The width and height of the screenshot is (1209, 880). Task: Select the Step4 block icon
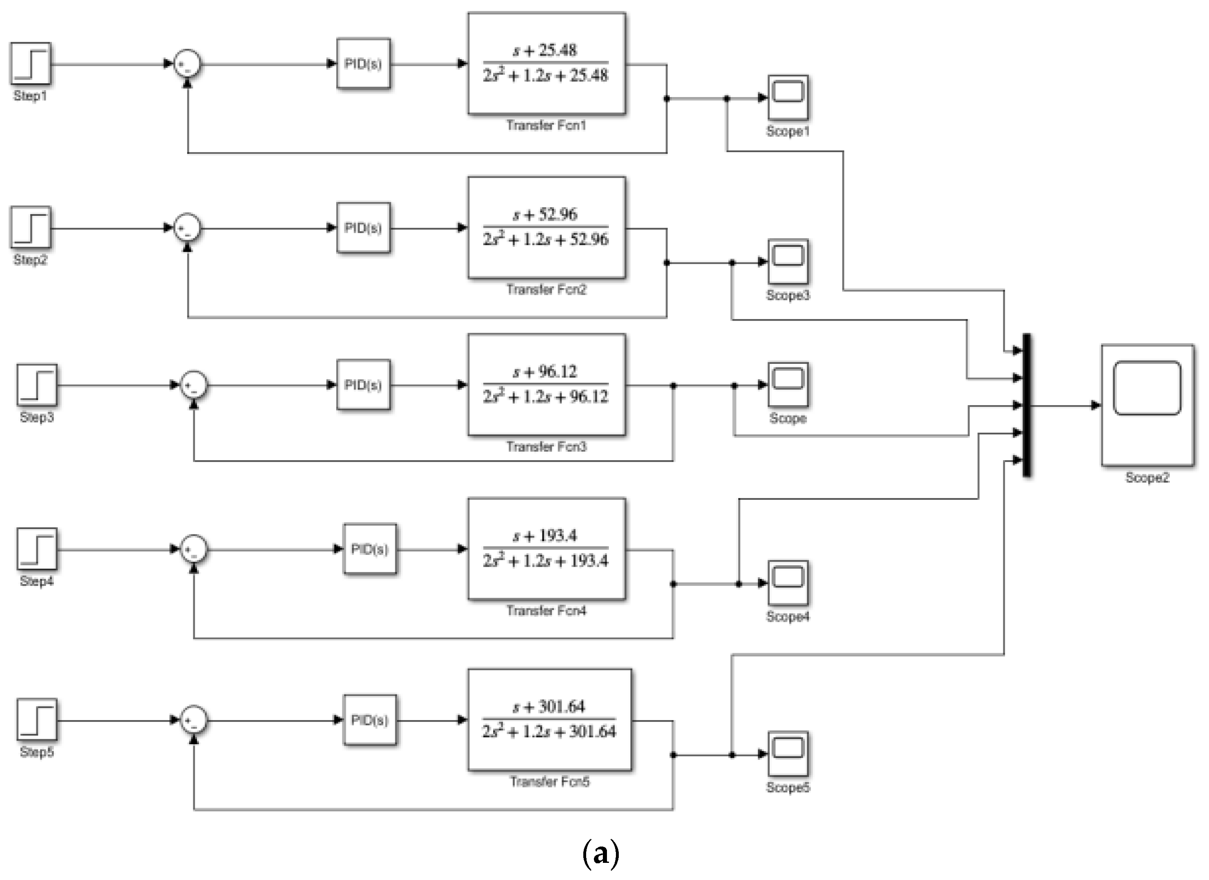click(37, 549)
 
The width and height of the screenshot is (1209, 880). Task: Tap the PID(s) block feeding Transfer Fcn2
click(363, 228)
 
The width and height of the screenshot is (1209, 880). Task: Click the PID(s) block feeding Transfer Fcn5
click(370, 720)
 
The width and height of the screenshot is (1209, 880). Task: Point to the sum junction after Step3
click(193, 385)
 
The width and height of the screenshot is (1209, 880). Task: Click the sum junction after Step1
click(187, 64)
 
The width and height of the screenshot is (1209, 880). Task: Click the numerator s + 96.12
click(545, 371)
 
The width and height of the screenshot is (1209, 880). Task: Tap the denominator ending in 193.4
click(545, 561)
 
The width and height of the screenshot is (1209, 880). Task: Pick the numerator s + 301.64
click(549, 707)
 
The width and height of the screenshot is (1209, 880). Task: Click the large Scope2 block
click(1147, 406)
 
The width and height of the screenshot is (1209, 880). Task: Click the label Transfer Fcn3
click(546, 446)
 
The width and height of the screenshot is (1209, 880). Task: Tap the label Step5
click(37, 752)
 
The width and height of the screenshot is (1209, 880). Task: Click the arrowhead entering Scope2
click(1096, 406)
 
